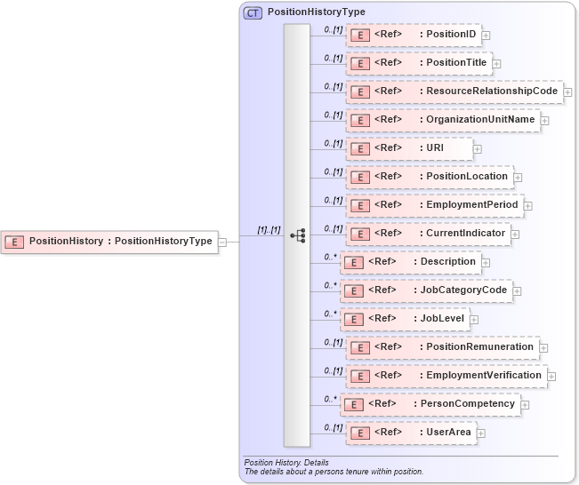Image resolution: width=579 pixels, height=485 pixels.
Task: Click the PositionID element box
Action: click(x=414, y=35)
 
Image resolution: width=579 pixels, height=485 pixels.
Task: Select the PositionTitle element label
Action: click(x=419, y=63)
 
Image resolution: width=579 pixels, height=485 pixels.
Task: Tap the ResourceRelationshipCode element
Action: click(x=454, y=91)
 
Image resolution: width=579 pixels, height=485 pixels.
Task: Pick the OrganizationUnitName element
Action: click(x=443, y=120)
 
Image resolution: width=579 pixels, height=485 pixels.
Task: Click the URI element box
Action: click(x=409, y=148)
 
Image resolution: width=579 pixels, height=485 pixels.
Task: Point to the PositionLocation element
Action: click(x=430, y=177)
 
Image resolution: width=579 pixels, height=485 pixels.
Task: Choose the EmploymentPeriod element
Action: click(x=434, y=205)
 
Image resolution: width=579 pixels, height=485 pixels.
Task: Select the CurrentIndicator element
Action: click(x=428, y=234)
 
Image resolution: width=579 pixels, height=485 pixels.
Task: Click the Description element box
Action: click(x=410, y=262)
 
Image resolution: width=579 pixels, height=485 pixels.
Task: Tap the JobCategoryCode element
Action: click(x=426, y=290)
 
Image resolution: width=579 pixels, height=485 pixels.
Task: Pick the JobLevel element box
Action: click(x=405, y=319)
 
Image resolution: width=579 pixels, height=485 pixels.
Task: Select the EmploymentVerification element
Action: click(x=446, y=376)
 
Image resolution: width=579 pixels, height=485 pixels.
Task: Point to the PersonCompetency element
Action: click(x=430, y=404)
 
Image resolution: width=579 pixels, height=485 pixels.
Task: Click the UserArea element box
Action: click(x=411, y=433)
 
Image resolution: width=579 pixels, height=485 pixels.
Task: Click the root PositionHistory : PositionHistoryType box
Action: click(x=109, y=241)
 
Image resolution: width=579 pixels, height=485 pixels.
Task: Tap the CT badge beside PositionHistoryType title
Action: click(x=253, y=12)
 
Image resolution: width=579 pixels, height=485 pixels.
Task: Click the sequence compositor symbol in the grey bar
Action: click(x=297, y=235)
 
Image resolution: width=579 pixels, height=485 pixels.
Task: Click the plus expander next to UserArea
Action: click(x=481, y=433)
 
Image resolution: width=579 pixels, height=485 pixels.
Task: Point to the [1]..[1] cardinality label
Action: click(x=269, y=230)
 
